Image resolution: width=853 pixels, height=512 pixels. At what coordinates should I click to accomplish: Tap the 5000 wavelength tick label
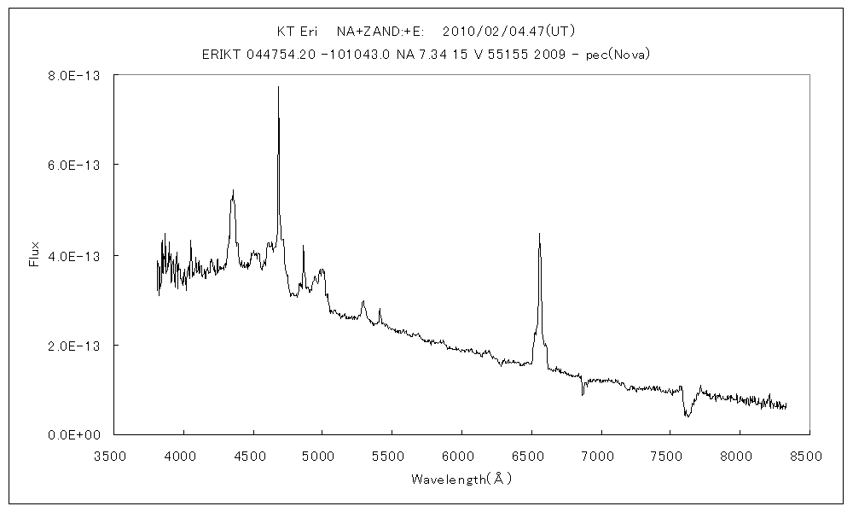click(x=322, y=457)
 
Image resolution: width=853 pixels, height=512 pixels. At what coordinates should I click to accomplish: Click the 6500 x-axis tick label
click(x=531, y=457)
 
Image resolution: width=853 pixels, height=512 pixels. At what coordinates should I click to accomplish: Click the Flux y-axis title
click(x=34, y=254)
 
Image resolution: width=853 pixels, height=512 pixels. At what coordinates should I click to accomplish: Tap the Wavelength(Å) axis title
click(x=461, y=480)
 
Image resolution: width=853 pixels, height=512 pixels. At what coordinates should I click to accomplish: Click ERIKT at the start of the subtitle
click(x=220, y=55)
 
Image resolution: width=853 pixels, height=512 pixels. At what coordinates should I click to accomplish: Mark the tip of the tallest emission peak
click(x=278, y=86)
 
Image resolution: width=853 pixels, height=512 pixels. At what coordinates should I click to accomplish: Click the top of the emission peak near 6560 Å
click(x=539, y=233)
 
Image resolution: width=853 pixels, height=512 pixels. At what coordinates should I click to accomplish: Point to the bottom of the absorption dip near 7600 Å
click(x=687, y=416)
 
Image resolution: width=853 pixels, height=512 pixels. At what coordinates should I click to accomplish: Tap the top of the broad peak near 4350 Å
click(x=232, y=191)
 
